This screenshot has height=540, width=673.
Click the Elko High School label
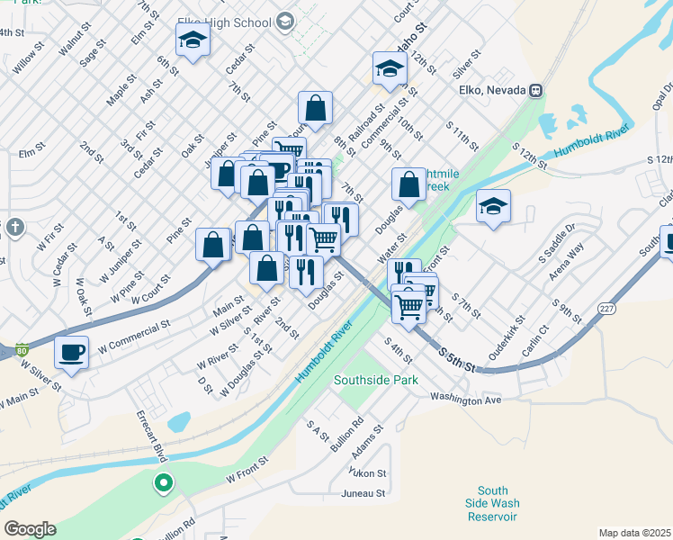[228, 21]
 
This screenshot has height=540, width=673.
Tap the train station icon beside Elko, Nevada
[536, 90]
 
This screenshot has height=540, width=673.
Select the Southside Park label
[376, 380]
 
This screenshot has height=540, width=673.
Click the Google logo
[30, 529]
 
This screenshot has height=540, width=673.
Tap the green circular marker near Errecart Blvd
[163, 484]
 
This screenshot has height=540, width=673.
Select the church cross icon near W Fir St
[13, 228]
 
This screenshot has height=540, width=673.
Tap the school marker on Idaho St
[390, 68]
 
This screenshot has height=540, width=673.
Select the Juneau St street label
[363, 493]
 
